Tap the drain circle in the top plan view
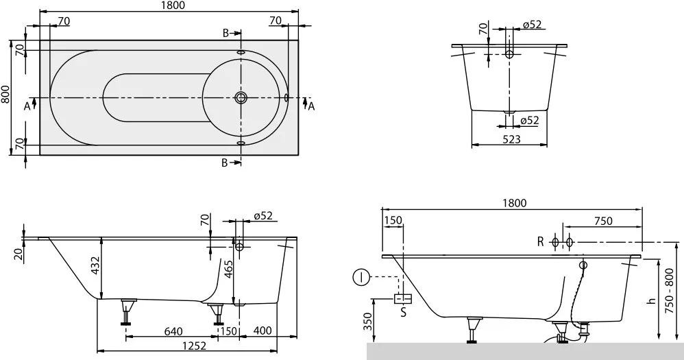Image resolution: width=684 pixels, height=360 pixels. [x=241, y=97]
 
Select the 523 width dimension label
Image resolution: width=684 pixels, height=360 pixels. [x=512, y=139]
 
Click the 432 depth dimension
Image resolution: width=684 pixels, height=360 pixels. [x=95, y=266]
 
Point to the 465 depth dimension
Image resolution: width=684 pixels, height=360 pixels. [x=228, y=269]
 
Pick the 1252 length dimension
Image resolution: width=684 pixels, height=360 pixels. [x=194, y=345]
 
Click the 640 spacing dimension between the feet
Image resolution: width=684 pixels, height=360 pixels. [x=173, y=331]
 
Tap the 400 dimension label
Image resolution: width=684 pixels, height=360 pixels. [x=262, y=331]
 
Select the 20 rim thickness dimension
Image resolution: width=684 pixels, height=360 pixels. [x=17, y=254]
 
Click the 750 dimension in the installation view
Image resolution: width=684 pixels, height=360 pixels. [x=603, y=221]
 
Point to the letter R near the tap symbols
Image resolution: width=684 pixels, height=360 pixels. [x=541, y=241]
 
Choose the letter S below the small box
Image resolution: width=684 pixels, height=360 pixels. [x=403, y=312]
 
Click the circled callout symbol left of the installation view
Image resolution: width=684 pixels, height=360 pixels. [x=361, y=277]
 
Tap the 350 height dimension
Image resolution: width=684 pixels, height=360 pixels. [x=369, y=322]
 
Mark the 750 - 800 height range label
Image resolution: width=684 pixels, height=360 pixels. [x=670, y=291]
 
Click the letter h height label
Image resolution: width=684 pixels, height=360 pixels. [x=652, y=300]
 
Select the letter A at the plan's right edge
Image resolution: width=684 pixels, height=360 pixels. [x=311, y=106]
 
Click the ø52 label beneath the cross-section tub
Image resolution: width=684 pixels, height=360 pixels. [x=530, y=120]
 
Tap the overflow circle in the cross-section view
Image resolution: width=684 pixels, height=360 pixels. [x=509, y=54]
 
